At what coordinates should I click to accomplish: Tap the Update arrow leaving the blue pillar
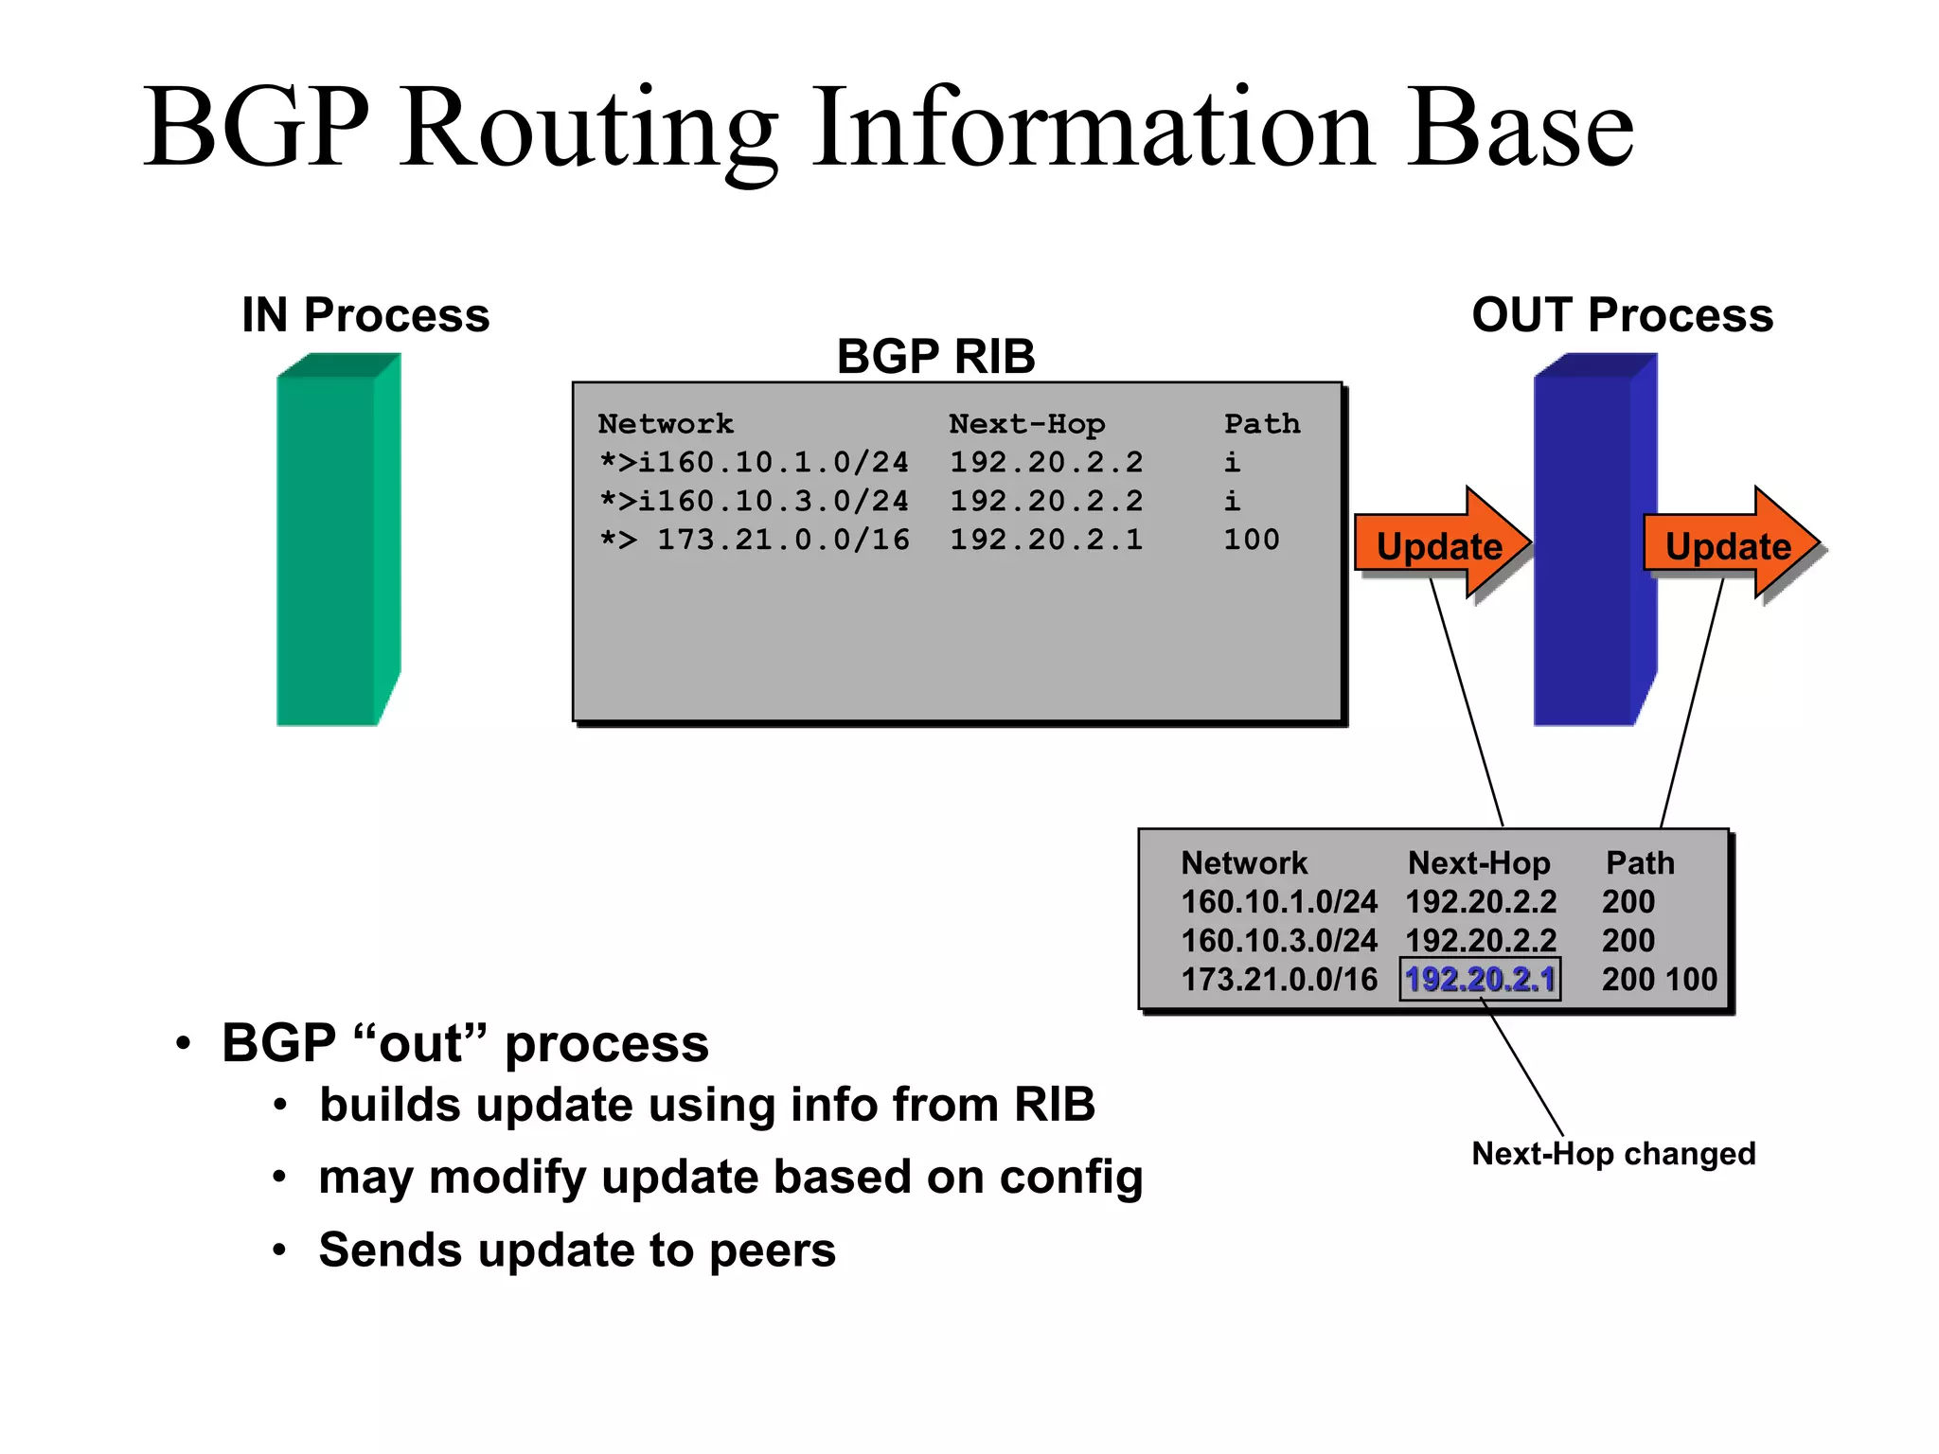pos(1729,545)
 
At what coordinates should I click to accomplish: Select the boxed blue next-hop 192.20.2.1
pos(1480,979)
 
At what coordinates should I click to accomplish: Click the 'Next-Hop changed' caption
pos(1613,1153)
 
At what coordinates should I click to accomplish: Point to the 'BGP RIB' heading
pos(935,357)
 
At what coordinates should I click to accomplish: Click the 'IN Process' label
pos(365,314)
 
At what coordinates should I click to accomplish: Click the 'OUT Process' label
pos(1622,314)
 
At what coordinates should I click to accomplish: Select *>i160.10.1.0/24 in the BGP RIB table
pos(754,462)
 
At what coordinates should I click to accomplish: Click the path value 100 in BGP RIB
pos(1251,540)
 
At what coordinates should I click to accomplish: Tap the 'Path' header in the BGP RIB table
pos(1261,423)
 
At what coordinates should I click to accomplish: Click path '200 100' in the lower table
pos(1659,979)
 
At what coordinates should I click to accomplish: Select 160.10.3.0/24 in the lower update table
pos(1278,940)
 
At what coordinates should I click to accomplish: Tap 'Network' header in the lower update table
pos(1244,862)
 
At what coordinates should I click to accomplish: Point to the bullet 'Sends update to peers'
pos(577,1250)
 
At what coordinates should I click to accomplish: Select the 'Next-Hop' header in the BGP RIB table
pos(1026,423)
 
